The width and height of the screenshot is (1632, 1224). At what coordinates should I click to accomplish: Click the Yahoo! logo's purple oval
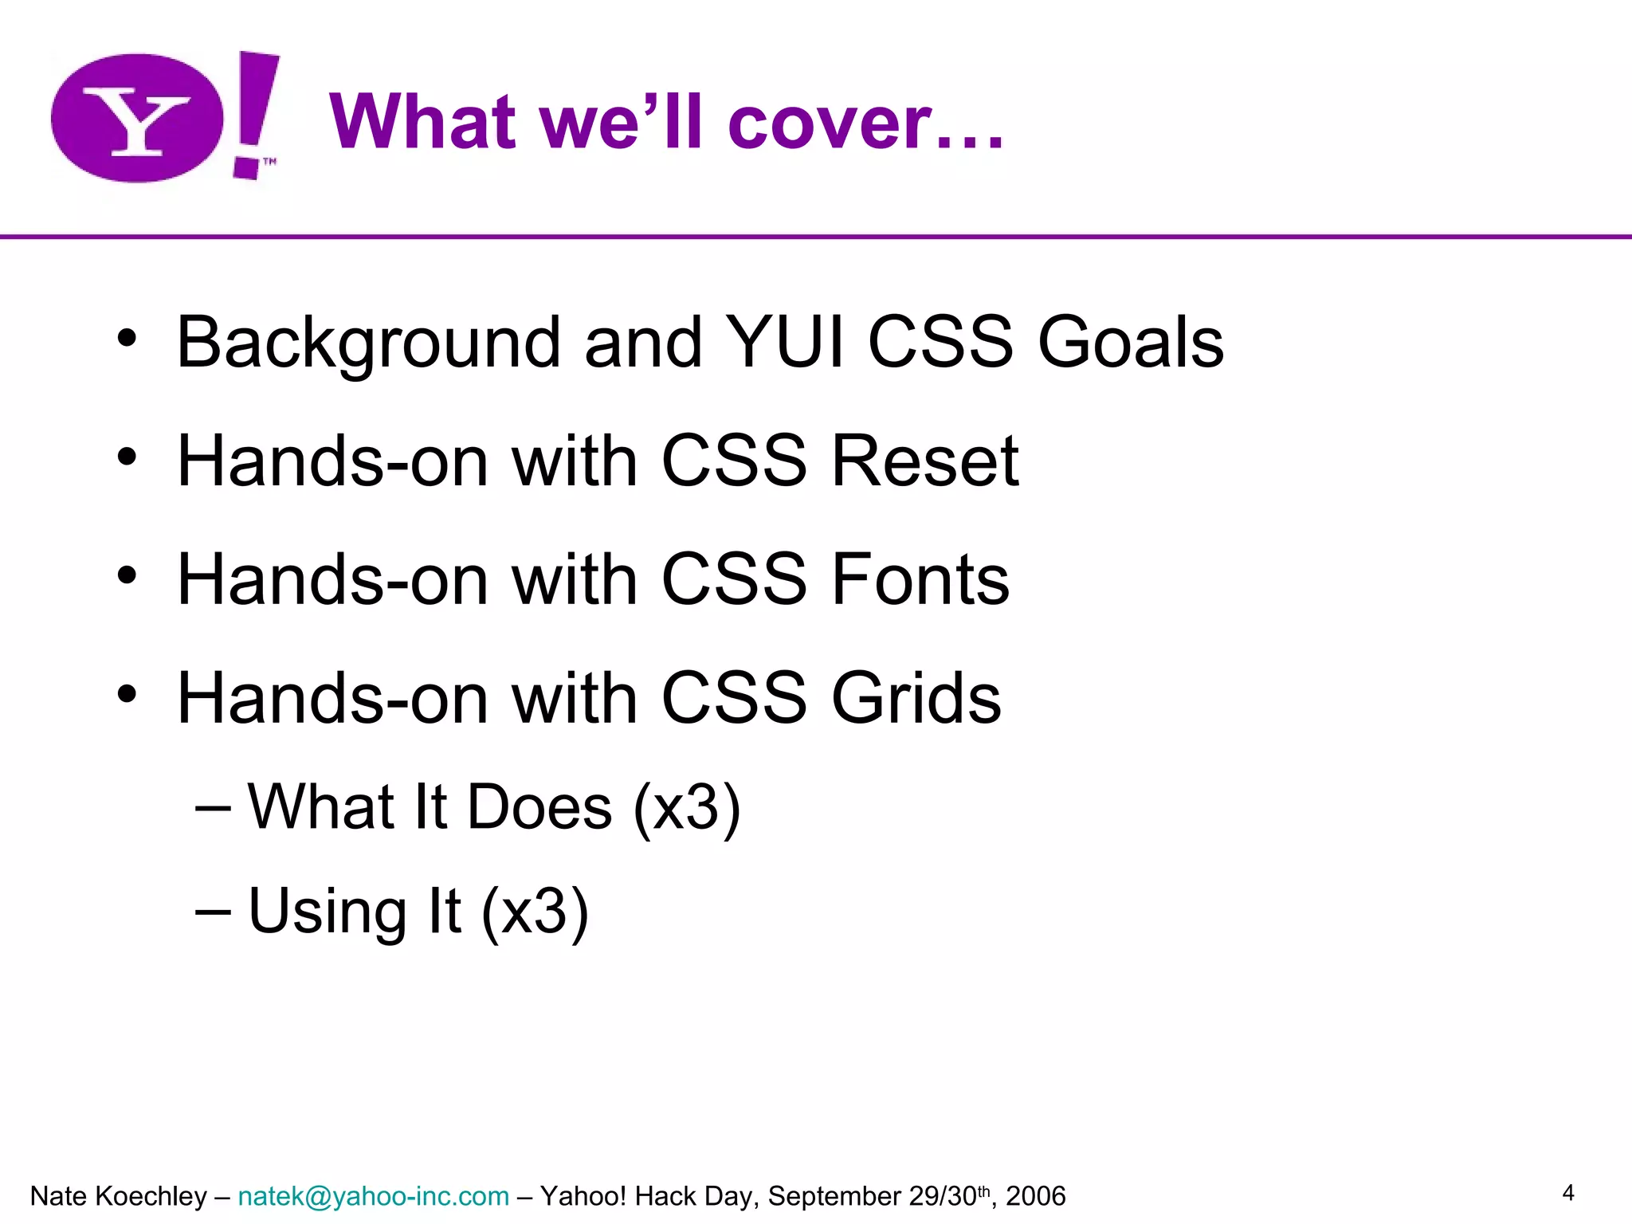[x=137, y=118]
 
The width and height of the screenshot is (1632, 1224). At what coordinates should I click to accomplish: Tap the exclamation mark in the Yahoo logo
[x=253, y=112]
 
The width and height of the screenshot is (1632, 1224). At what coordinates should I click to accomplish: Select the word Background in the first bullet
[x=369, y=343]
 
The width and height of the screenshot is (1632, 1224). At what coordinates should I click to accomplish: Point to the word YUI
[x=786, y=343]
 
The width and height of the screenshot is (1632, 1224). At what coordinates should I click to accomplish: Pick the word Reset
[x=924, y=461]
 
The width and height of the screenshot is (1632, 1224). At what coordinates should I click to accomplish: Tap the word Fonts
[x=920, y=579]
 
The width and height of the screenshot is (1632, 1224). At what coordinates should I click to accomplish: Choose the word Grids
[x=916, y=698]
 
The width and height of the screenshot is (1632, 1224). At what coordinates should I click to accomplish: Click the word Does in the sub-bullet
[x=539, y=807]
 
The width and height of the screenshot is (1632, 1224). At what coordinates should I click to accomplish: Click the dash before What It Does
[x=213, y=807]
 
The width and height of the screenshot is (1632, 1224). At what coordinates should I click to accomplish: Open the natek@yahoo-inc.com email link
[x=373, y=1196]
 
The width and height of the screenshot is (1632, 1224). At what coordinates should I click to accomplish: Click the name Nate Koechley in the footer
[x=118, y=1196]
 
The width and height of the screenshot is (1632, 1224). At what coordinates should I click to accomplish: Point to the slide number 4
[x=1567, y=1193]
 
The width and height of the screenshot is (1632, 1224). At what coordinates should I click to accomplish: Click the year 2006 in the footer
[x=1035, y=1196]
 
